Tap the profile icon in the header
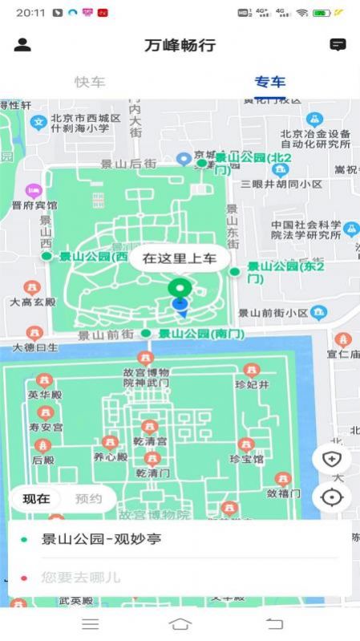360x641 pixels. click(22, 45)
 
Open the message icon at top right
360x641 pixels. click(338, 45)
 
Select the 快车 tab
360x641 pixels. click(90, 82)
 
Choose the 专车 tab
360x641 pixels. click(270, 82)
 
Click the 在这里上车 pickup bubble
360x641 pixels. click(180, 258)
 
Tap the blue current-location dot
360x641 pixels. click(180, 304)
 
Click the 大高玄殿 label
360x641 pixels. click(32, 302)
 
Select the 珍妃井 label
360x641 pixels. click(252, 385)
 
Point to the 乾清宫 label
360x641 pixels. click(150, 441)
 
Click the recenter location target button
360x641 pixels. click(331, 497)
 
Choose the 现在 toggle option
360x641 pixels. click(36, 499)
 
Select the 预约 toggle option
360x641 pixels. click(88, 499)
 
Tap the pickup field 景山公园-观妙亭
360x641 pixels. click(101, 539)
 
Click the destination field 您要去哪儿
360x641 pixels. click(81, 577)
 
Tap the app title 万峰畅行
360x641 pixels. click(180, 45)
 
